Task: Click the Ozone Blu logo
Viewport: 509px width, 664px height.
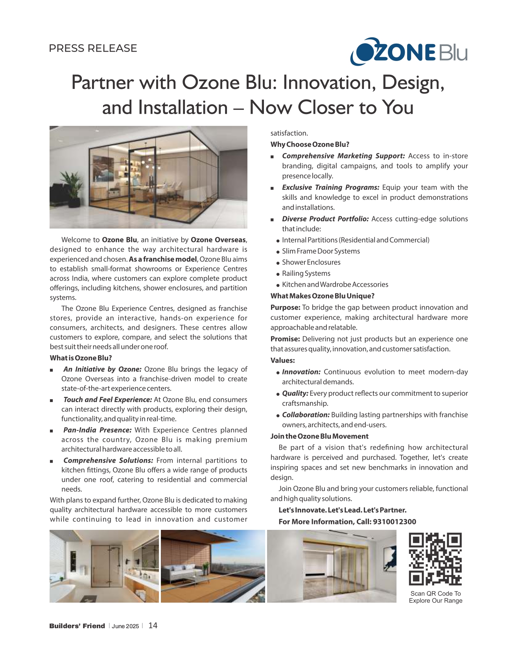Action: pyautogui.click(x=409, y=52)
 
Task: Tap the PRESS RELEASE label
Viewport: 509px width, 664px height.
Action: pyautogui.click(x=93, y=48)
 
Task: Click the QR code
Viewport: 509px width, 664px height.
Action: pyautogui.click(x=435, y=559)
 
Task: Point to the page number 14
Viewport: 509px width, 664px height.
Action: pyautogui.click(x=153, y=625)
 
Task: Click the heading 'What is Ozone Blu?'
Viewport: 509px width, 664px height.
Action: pyautogui.click(x=81, y=358)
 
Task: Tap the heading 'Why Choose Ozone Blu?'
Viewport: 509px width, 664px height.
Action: pyautogui.click(x=310, y=144)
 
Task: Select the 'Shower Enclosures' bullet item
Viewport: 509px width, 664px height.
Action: pyautogui.click(x=311, y=262)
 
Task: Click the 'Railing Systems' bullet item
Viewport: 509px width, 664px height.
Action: pyautogui.click(x=306, y=273)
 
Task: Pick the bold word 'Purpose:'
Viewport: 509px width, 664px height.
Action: pyautogui.click(x=285, y=308)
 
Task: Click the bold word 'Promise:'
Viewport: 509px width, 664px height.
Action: pyautogui.click(x=285, y=339)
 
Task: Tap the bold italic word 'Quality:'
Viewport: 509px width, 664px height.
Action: pyautogui.click(x=295, y=393)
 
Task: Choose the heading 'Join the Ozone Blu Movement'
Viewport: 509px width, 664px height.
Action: pyautogui.click(x=319, y=436)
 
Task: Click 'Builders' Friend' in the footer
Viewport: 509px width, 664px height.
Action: pyautogui.click(x=77, y=626)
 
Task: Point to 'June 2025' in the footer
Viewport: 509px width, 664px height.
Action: pyautogui.click(x=125, y=626)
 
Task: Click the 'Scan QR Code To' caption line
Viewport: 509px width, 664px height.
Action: pyautogui.click(x=435, y=594)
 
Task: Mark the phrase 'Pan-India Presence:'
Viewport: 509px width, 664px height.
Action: pyautogui.click(x=97, y=430)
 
